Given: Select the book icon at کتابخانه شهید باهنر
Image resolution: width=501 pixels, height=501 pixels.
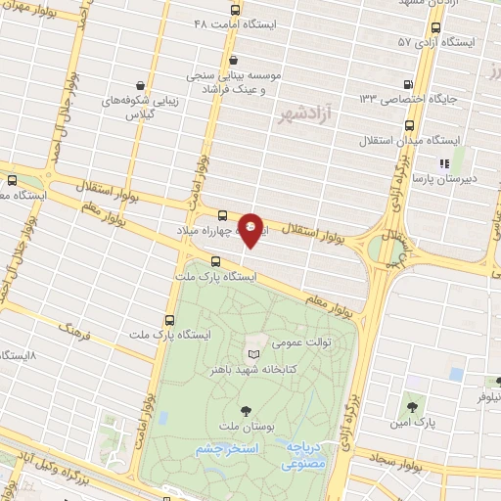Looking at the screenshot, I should [x=255, y=353].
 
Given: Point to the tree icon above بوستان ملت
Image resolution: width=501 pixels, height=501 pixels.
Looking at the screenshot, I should [x=245, y=409].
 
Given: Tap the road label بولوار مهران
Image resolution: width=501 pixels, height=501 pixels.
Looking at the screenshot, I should [x=34, y=17].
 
